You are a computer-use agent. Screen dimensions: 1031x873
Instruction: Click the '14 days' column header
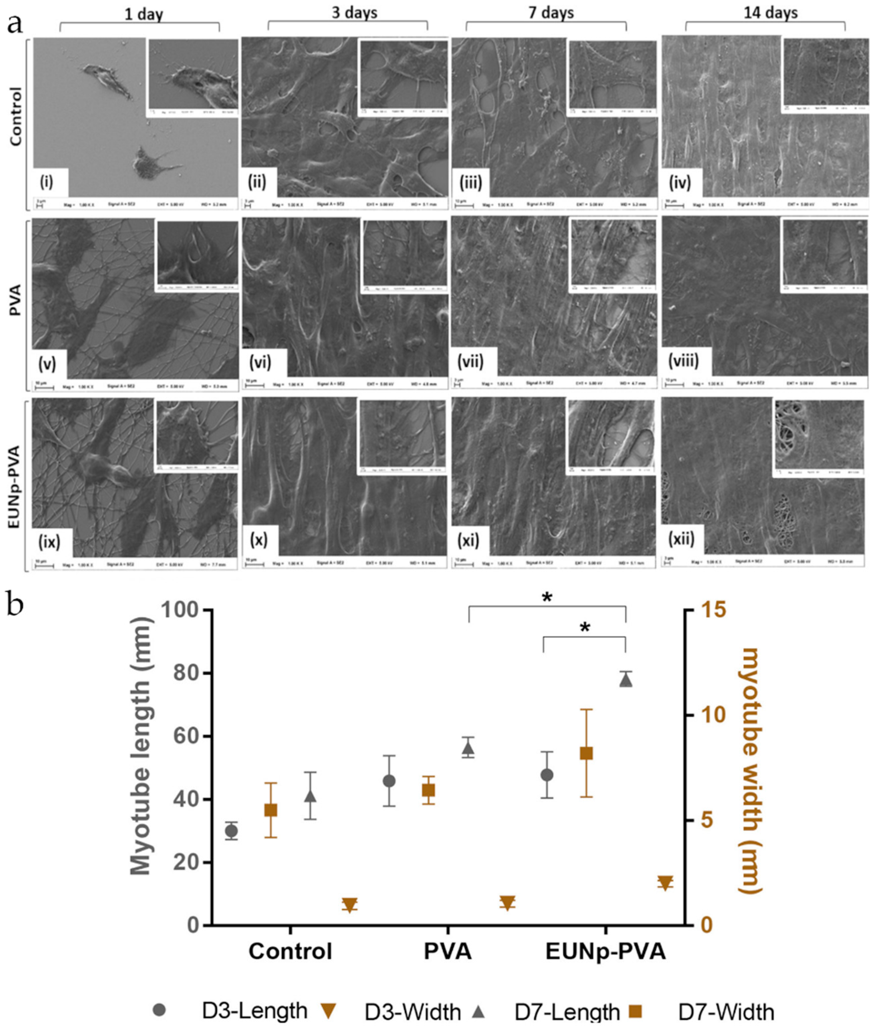point(771,12)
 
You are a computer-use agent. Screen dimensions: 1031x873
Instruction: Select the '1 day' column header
point(143,14)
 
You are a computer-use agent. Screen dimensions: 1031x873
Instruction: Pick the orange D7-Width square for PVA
point(429,791)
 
